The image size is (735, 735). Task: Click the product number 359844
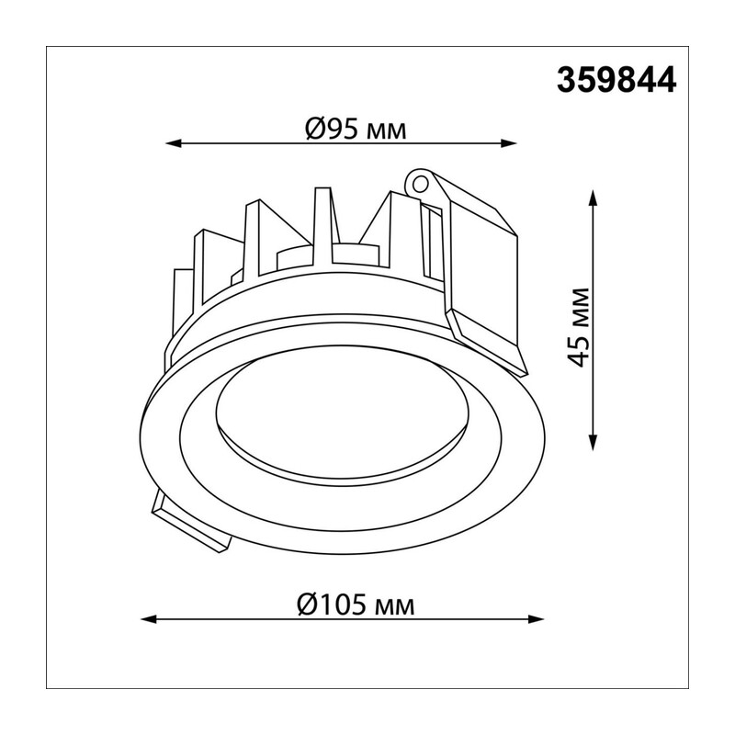tap(616, 80)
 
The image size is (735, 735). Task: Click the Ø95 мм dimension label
tap(356, 129)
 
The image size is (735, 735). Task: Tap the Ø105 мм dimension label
tap(356, 605)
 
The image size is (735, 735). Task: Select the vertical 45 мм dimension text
tap(577, 327)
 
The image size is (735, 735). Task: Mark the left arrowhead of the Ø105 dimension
tap(147, 619)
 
